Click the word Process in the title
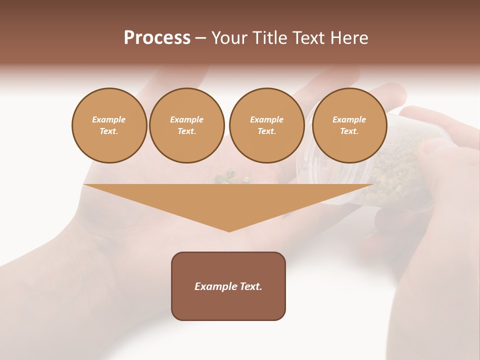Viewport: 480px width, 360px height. [157, 38]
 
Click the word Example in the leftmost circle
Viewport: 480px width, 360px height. [109, 119]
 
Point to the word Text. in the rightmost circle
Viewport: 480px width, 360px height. [349, 131]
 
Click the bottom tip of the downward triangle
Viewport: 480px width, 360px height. [229, 230]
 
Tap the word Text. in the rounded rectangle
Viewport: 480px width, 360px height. [250, 286]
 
